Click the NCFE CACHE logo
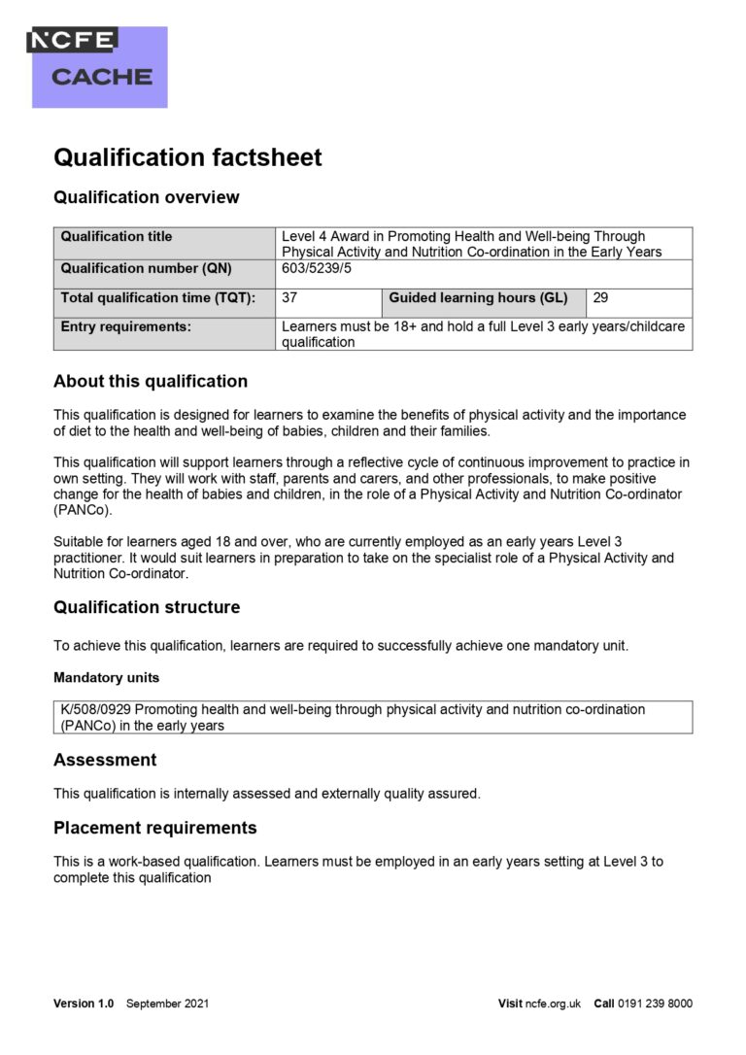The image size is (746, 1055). point(99,65)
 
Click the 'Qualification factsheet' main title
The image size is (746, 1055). point(187,157)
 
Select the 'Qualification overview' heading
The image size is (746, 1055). point(146,197)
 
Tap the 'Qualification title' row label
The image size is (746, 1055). point(117,236)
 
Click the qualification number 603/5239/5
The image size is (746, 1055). point(319,268)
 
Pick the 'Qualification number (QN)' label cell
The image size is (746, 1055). point(147,268)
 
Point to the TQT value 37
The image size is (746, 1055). point(289,298)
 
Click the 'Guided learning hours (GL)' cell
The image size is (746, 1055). point(478,298)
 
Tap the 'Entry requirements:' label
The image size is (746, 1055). point(126,326)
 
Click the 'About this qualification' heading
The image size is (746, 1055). point(151,381)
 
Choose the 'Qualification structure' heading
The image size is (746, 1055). point(147,607)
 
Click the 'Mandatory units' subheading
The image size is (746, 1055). point(107,677)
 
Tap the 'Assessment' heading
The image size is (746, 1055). point(105,759)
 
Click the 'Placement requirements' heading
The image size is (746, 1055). point(155,828)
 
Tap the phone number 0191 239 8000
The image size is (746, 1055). point(655,1004)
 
